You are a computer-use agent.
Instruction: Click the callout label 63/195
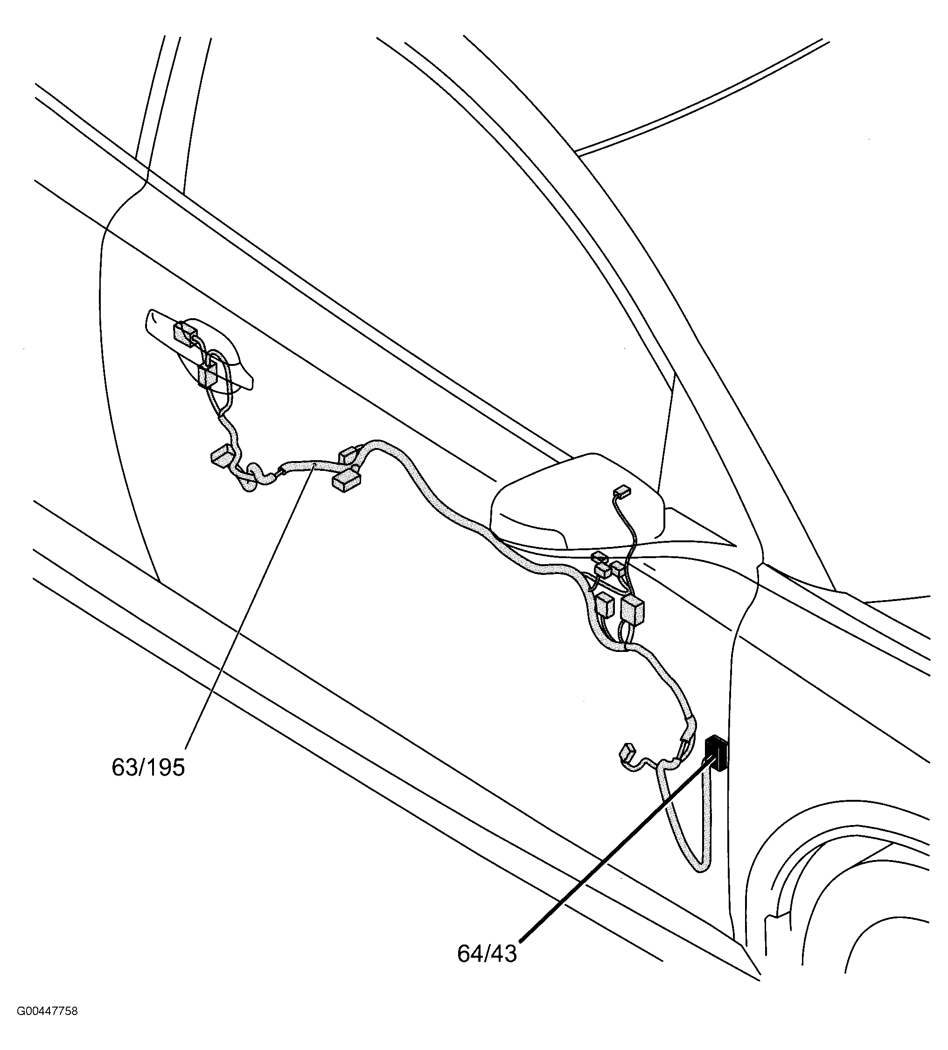pyautogui.click(x=148, y=768)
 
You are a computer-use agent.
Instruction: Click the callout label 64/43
pyautogui.click(x=487, y=968)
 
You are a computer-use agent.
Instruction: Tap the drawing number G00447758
pyautogui.click(x=47, y=1026)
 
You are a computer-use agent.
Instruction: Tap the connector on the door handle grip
pyautogui.click(x=184, y=333)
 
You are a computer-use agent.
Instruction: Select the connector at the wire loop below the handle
pyautogui.click(x=207, y=374)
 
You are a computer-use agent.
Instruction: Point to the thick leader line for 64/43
pyautogui.click(x=614, y=860)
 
